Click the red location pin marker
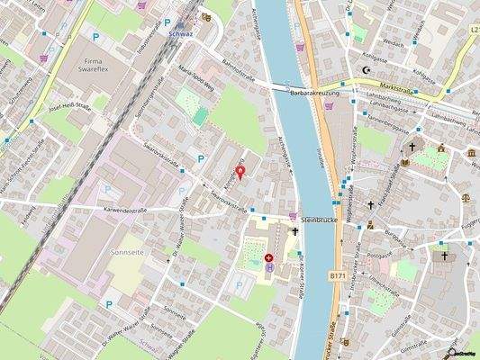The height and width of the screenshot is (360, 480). coord(240,171)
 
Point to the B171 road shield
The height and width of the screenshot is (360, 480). coord(337,274)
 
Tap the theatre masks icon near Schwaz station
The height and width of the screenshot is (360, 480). coord(206,16)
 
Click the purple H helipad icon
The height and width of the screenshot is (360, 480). coord(269,266)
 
